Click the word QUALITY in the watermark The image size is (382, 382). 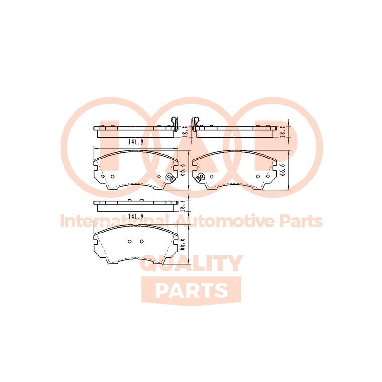[x=192, y=263]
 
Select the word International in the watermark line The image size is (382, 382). [x=114, y=221]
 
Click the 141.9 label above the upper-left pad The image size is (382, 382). [x=136, y=142]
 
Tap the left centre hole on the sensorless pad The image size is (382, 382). [x=130, y=241]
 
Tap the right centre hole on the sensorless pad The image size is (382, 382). [x=142, y=241]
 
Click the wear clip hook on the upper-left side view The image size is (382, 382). [x=175, y=122]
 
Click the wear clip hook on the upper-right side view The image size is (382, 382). [x=195, y=122]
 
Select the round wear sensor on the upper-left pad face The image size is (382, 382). [x=170, y=177]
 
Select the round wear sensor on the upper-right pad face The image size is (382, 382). [x=201, y=177]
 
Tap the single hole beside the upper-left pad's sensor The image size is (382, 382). [x=159, y=176]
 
